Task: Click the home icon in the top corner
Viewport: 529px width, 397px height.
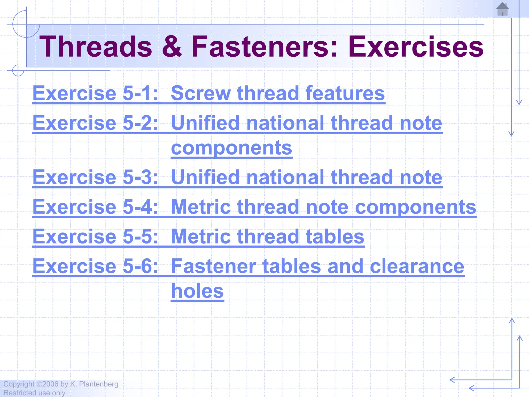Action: tap(502, 9)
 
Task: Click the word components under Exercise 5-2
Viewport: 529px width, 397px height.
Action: tap(231, 148)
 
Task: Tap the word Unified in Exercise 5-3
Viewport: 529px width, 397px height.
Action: tap(205, 177)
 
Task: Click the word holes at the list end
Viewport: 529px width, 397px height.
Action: tap(197, 291)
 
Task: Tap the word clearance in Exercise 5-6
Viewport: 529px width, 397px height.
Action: tap(417, 266)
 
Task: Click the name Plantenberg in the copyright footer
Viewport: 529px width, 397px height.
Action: tap(98, 384)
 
